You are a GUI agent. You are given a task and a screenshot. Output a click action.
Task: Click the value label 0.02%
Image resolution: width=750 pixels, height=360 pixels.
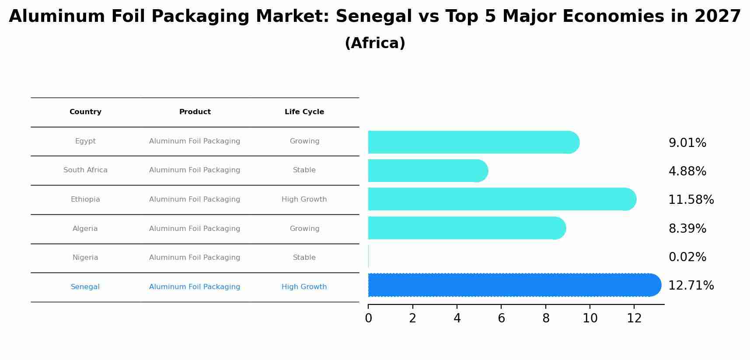tap(687, 257)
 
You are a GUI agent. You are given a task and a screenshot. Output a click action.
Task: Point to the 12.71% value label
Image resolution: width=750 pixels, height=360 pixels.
tap(691, 286)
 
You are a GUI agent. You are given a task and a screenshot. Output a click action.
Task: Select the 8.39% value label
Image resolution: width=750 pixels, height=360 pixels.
tap(687, 229)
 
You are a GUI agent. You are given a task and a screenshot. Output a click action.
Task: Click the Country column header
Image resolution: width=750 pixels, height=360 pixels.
tap(85, 112)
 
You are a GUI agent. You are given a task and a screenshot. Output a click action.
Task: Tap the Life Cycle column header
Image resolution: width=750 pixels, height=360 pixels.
tap(304, 112)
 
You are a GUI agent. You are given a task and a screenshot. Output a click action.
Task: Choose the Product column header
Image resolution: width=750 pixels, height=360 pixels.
tap(195, 112)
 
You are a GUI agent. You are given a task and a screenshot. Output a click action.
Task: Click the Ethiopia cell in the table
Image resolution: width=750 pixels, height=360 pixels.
tap(85, 199)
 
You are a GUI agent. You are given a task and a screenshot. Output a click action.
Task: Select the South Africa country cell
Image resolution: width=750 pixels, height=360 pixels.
tap(85, 170)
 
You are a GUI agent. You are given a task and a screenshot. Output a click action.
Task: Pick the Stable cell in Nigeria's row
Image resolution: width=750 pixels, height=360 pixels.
tap(304, 258)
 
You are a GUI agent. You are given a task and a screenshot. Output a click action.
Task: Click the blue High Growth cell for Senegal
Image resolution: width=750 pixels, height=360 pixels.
tap(304, 287)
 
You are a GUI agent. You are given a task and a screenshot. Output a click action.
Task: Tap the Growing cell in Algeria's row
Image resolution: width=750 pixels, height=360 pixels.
tap(304, 229)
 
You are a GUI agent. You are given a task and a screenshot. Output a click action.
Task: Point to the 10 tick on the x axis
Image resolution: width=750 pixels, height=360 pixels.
tap(590, 318)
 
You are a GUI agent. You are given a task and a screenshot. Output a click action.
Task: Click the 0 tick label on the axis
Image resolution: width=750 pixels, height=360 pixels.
tap(368, 318)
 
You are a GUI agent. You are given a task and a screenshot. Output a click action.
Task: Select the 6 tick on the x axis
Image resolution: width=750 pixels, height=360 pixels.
tap(501, 318)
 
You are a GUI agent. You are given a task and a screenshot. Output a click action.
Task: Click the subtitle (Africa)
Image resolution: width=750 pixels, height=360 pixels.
tap(375, 43)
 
